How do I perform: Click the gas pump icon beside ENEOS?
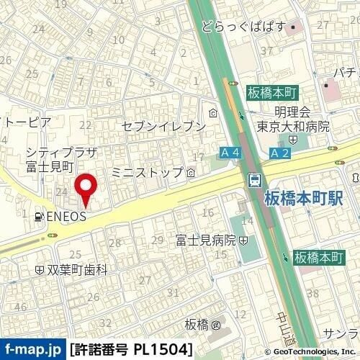coord(37,215)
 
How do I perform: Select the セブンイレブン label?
coord(163,125)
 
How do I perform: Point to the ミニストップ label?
coord(148,173)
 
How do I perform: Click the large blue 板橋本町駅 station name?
coord(304,197)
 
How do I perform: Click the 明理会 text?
coord(292,112)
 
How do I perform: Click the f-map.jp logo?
coord(32,349)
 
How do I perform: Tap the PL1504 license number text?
coord(163,349)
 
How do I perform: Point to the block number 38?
coord(312,292)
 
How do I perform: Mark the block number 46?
coord(20,307)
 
